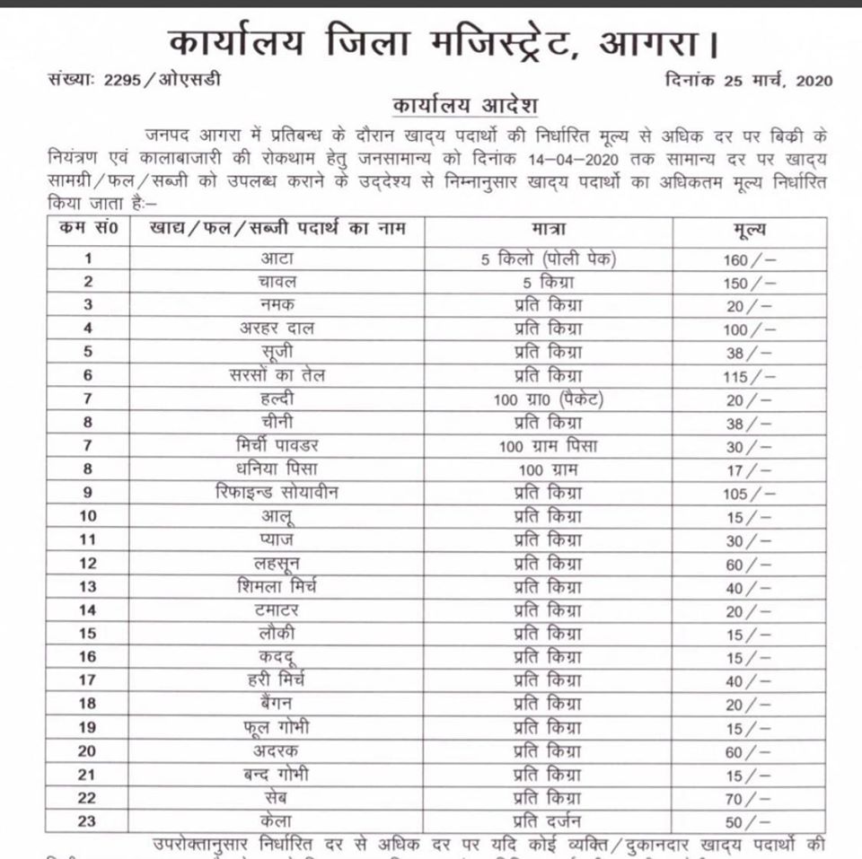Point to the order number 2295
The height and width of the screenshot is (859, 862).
point(119,80)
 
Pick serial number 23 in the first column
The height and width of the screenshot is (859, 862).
point(88,820)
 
